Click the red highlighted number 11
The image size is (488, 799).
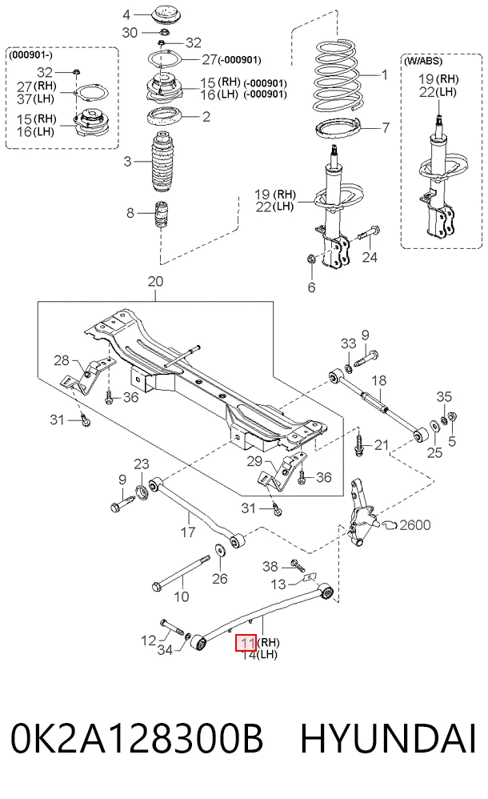247,643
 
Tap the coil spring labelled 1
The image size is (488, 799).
338,76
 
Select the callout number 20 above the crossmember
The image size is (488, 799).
155,281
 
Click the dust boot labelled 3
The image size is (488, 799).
162,163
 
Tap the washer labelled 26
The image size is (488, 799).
221,550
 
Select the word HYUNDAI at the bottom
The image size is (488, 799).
388,737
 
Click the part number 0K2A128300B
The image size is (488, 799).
137,737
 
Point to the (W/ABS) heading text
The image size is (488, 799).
422,61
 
